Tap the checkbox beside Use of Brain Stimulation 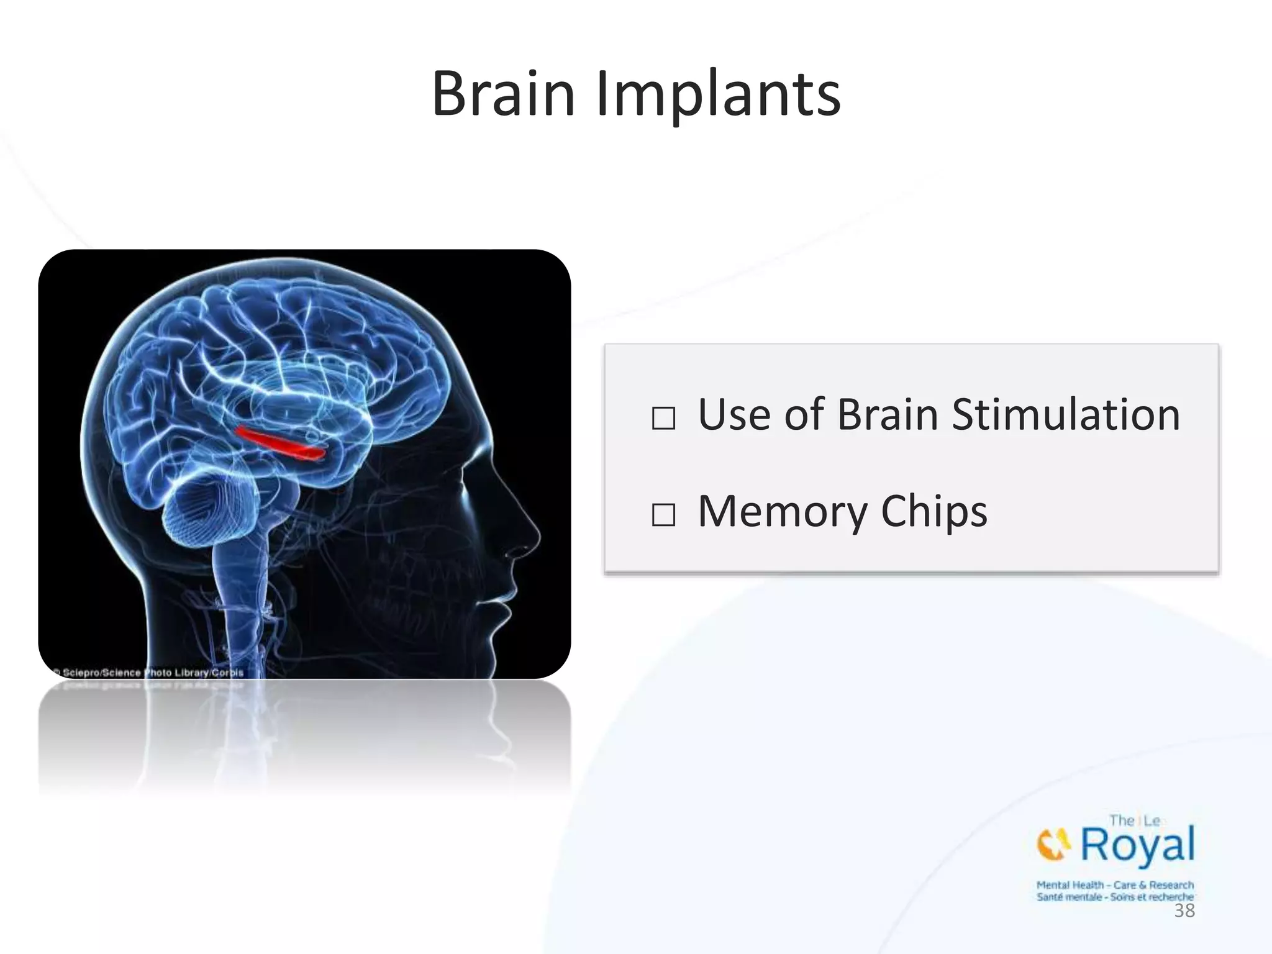point(663,418)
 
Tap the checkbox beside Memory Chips point(663,515)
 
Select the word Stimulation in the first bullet point(1065,415)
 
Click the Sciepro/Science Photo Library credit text point(149,673)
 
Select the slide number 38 point(1184,911)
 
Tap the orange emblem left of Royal point(1053,845)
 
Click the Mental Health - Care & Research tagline point(1115,884)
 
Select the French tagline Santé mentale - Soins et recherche point(1115,897)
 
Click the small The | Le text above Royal point(1134,820)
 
